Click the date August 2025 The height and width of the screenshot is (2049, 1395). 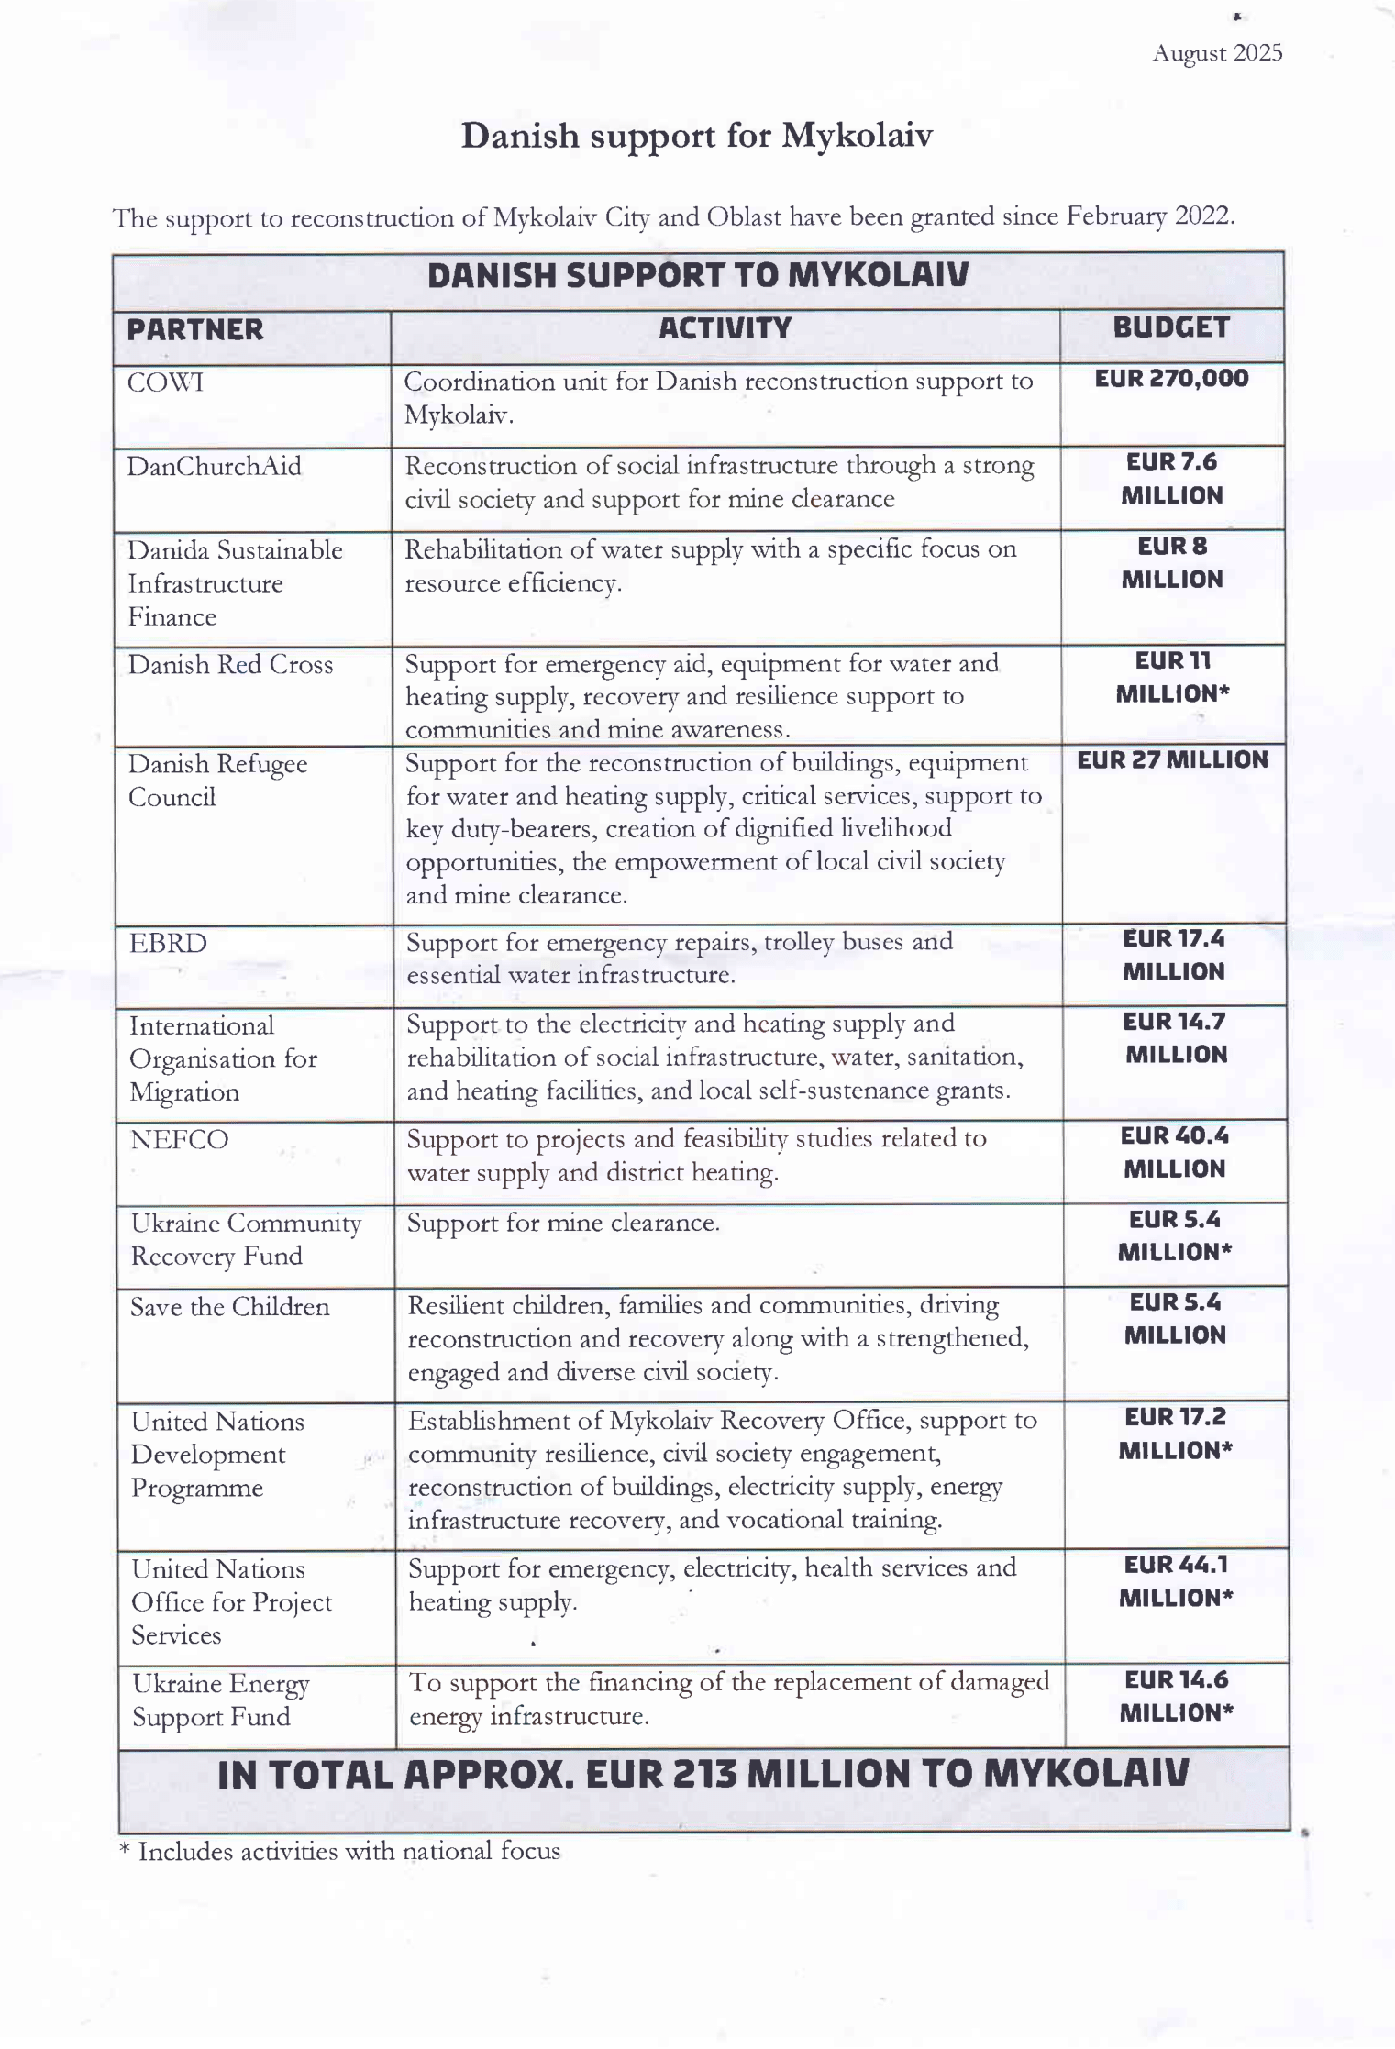point(1216,53)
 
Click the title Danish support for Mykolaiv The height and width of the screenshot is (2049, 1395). point(696,136)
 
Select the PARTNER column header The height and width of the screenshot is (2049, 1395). point(194,330)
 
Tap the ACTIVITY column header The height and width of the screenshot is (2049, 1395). point(725,328)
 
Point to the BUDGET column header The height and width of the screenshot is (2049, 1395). point(1170,327)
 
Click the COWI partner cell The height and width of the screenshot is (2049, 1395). point(165,382)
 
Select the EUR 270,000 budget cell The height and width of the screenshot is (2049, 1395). point(1171,379)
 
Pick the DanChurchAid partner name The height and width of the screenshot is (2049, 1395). point(214,467)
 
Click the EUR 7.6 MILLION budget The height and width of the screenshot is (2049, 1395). point(1172,479)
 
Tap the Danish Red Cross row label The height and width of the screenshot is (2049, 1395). point(230,665)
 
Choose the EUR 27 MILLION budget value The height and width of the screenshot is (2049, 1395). point(1172,760)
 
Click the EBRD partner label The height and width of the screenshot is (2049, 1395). point(168,944)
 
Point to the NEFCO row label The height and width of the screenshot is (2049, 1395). point(179,1140)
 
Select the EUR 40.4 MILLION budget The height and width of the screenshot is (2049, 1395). point(1174,1152)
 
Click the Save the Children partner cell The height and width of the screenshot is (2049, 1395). point(229,1307)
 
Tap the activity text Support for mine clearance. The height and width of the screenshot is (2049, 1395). point(563,1223)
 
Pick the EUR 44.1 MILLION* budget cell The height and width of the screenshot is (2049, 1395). point(1176,1580)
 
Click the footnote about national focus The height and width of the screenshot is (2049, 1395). point(339,1852)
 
